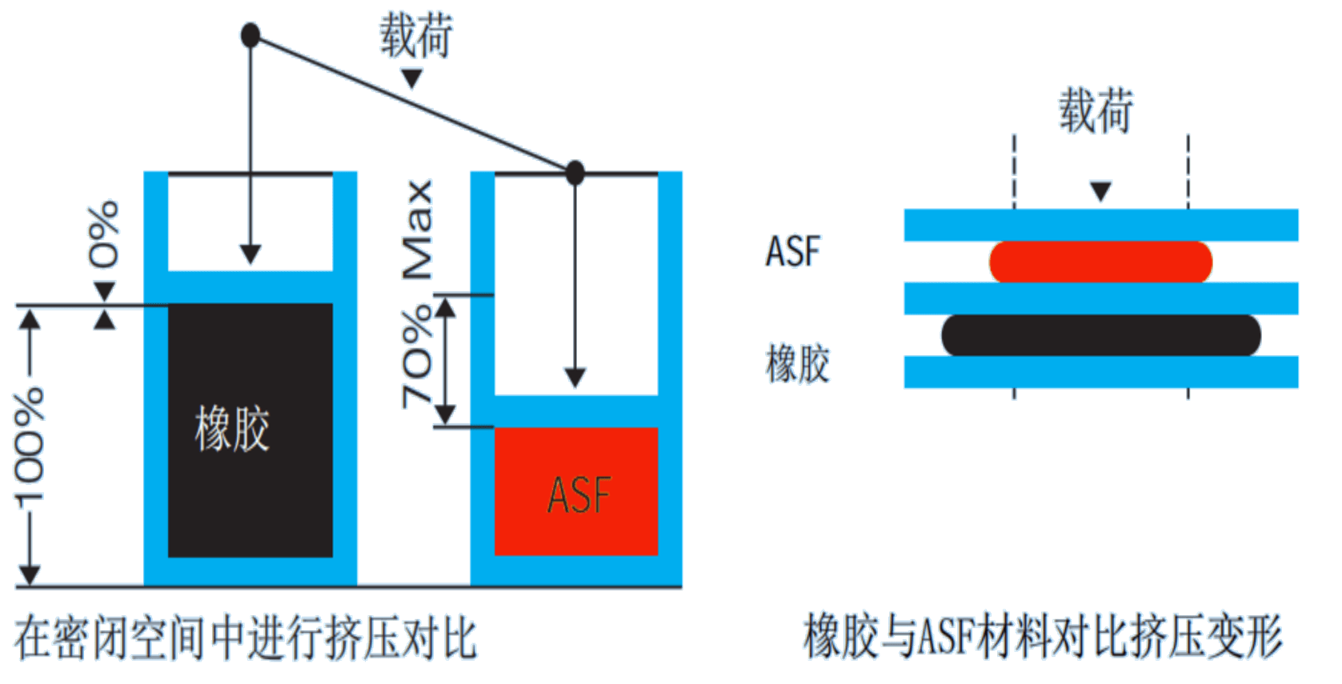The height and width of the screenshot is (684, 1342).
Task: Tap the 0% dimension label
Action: click(x=103, y=234)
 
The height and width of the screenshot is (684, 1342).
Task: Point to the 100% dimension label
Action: click(x=29, y=448)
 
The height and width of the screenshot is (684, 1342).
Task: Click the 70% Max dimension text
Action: click(x=418, y=293)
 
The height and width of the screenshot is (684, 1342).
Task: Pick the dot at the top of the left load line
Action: click(x=250, y=35)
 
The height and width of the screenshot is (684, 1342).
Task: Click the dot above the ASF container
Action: click(x=575, y=172)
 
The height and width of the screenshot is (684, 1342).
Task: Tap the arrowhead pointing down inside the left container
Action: click(x=250, y=254)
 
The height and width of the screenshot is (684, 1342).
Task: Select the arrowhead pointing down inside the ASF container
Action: click(x=575, y=377)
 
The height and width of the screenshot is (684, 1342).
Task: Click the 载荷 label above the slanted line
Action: click(x=416, y=35)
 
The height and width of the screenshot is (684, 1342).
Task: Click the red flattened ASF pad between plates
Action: click(x=1100, y=262)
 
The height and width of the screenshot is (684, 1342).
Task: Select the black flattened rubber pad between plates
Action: click(x=1100, y=335)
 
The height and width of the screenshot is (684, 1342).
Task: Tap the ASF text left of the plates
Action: click(x=793, y=251)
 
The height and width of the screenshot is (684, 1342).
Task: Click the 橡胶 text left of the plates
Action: click(x=798, y=364)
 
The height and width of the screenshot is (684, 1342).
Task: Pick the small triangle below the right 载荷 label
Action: click(x=1100, y=191)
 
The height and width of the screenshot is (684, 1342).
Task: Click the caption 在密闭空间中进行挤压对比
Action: click(x=246, y=638)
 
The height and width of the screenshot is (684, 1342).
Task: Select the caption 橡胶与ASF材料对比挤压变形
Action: click(x=1043, y=638)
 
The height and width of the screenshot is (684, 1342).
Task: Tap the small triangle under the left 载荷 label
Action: click(x=411, y=78)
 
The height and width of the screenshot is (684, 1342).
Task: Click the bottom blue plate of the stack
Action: click(x=1100, y=372)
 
